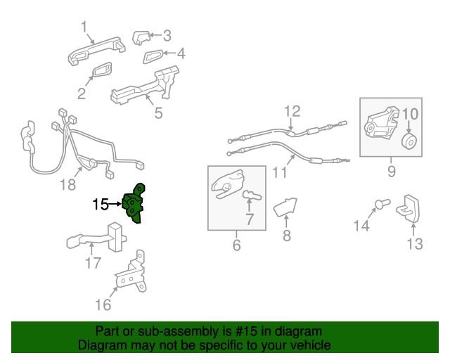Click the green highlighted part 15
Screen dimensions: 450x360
[x=134, y=204]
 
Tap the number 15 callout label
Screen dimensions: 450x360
[x=101, y=205]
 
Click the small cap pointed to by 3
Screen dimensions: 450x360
[x=141, y=37]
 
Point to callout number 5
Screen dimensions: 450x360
[x=158, y=112]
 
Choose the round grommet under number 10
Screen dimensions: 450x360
[x=409, y=142]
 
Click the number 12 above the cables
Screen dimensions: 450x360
[x=292, y=111]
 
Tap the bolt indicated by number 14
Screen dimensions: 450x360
[x=382, y=204]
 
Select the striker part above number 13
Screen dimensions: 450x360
[x=408, y=208]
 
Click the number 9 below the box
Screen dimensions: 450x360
[x=392, y=171]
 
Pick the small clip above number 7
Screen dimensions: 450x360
[x=252, y=196]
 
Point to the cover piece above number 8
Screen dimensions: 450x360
[x=285, y=207]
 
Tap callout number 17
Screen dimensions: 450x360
[x=94, y=263]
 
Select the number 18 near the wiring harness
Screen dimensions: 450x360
[x=68, y=185]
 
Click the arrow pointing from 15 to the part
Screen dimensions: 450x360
[x=115, y=204]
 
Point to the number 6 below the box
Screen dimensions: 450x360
[x=236, y=245]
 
